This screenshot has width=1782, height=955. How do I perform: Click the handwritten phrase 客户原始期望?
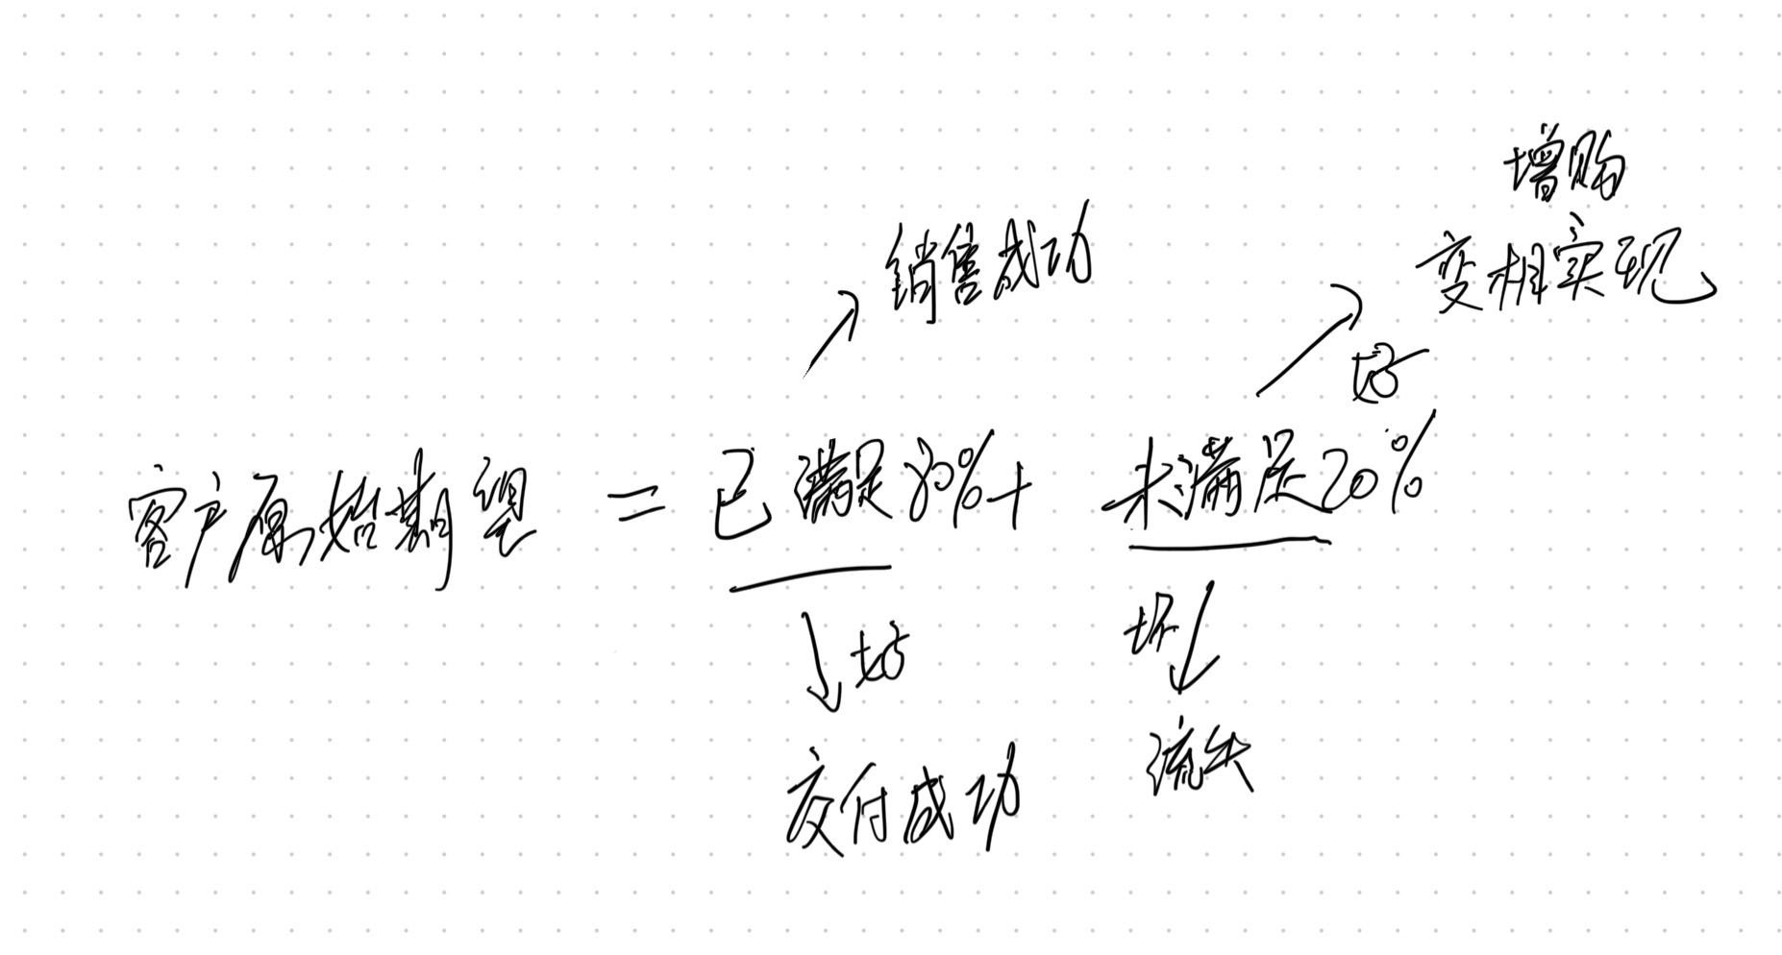click(x=327, y=524)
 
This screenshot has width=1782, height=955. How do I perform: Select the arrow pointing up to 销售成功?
click(x=830, y=331)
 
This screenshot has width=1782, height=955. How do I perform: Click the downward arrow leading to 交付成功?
click(x=822, y=663)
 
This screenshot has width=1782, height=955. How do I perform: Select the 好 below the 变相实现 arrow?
click(x=1379, y=375)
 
